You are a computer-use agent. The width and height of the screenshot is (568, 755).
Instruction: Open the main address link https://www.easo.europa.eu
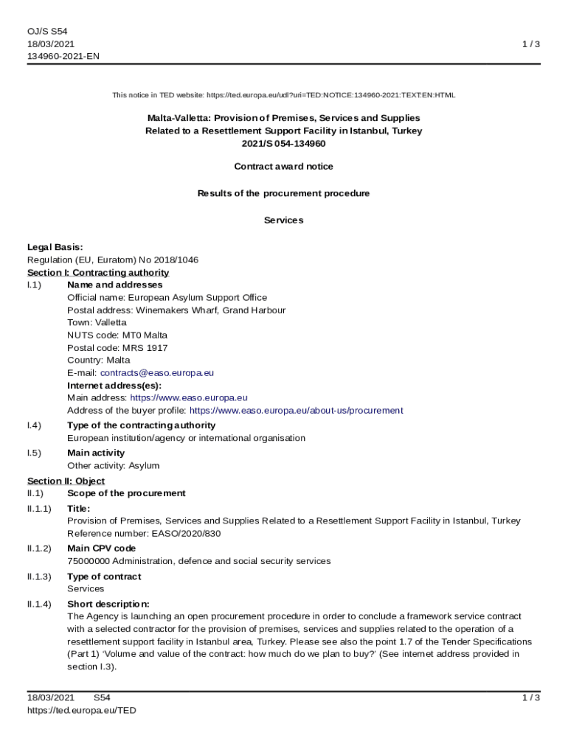189,398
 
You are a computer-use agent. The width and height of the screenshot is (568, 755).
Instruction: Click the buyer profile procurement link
296,411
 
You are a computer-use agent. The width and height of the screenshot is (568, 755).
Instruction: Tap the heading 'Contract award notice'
283,167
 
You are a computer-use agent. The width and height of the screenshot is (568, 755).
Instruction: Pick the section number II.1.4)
39,604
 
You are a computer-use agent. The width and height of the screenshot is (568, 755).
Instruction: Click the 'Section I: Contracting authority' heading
98,273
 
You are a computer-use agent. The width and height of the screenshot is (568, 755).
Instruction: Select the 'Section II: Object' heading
66,481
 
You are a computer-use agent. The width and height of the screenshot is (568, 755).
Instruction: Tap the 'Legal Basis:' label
55,247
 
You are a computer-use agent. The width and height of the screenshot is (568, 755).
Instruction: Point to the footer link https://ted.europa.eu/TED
82,710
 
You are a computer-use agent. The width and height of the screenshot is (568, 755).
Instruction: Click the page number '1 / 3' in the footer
530,697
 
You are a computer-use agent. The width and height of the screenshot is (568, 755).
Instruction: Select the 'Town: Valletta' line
97,322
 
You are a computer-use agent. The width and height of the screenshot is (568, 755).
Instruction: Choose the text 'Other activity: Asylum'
113,466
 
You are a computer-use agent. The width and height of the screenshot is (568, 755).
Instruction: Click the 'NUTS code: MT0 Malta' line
117,335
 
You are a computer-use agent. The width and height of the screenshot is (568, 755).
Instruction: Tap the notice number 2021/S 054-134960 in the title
283,144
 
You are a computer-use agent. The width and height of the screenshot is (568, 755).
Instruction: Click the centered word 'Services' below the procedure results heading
283,220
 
